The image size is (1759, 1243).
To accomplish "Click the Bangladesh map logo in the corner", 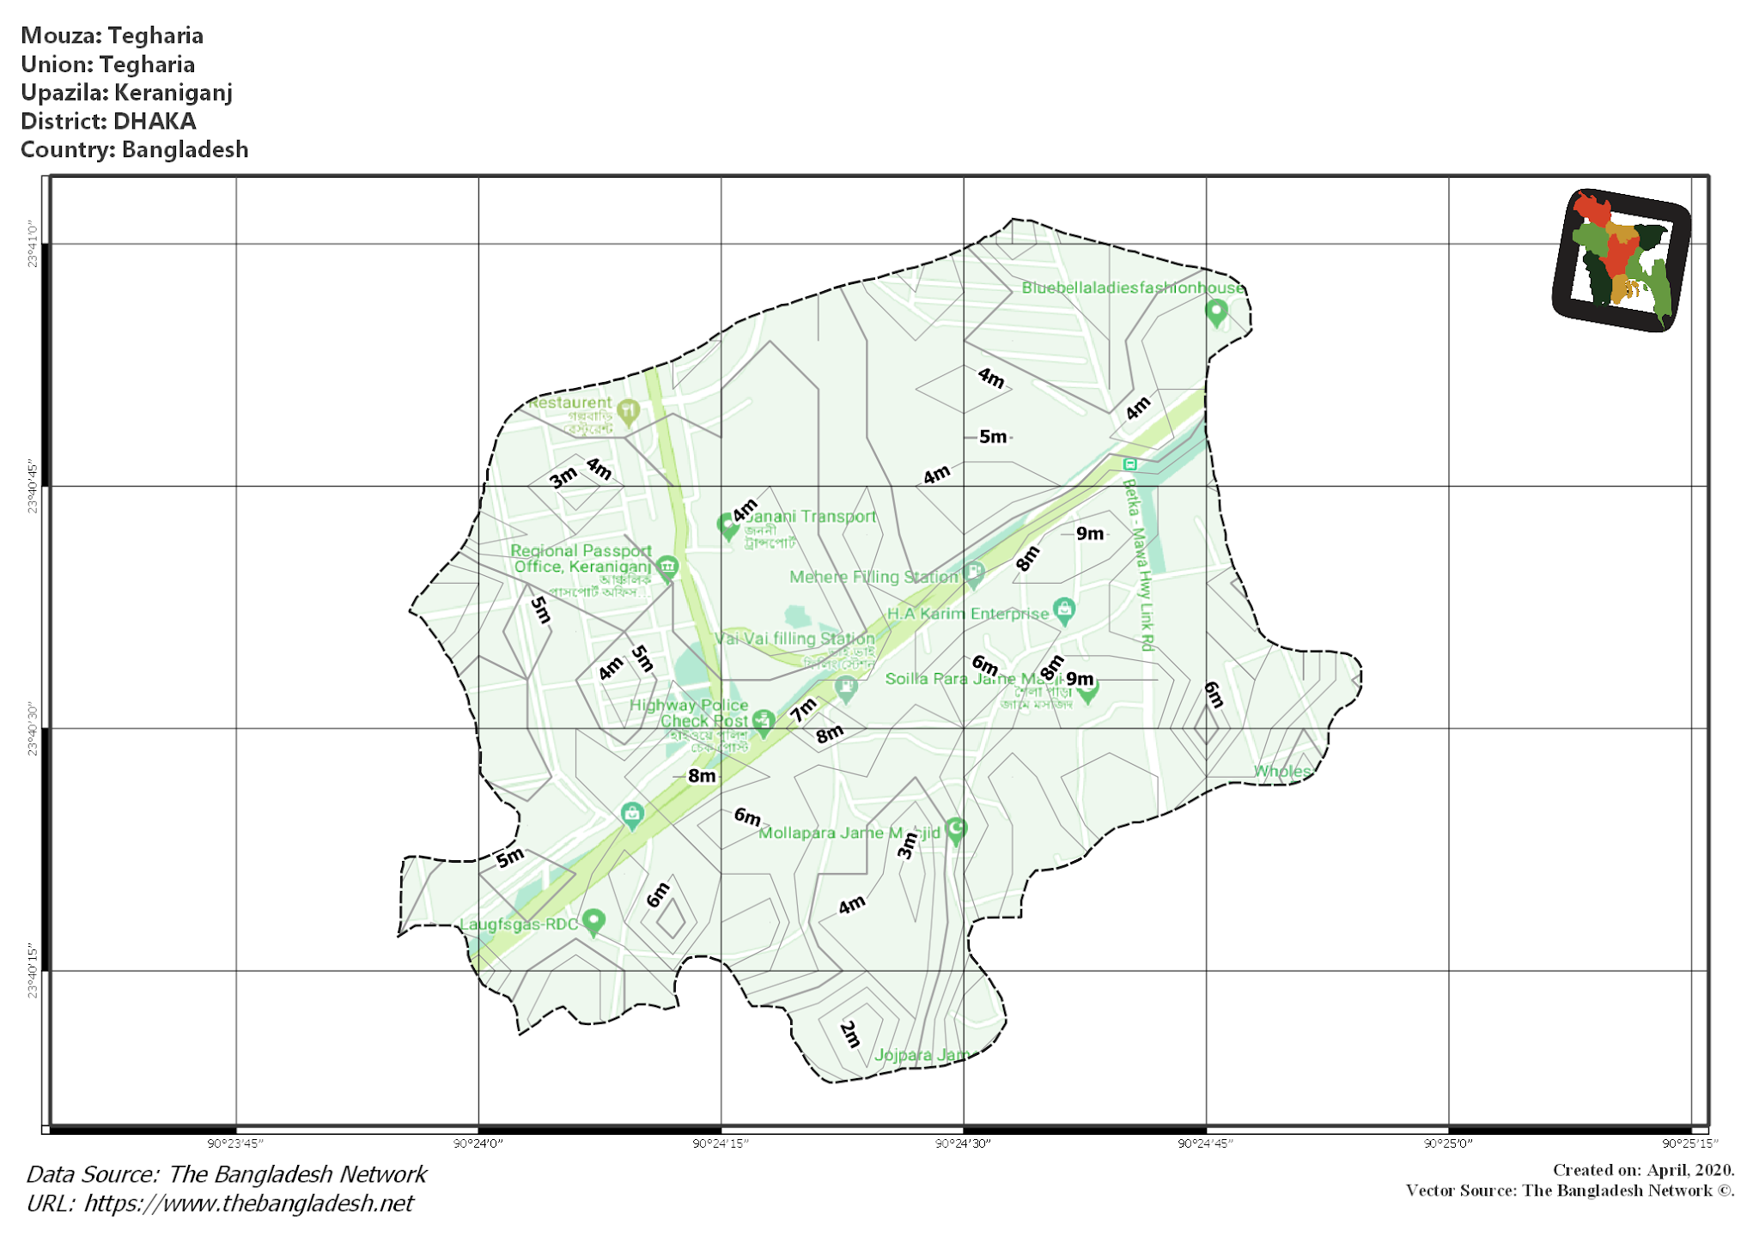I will pos(1621,259).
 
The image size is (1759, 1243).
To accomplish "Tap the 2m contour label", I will pos(849,1034).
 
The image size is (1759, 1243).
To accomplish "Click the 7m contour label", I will pos(804,710).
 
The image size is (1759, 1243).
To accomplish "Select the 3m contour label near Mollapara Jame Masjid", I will pos(907,846).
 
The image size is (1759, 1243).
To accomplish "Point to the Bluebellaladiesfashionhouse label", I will pos(1132,288).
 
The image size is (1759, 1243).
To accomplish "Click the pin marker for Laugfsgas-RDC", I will pos(593,922).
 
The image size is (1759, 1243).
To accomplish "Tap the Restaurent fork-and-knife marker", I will pos(629,411).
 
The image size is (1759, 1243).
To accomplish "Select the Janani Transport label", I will pos(811,516).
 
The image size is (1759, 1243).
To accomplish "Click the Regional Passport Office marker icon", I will pos(667,567).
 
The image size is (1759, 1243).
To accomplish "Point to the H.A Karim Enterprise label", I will pos(968,614).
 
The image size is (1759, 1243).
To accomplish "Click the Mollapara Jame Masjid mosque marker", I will pos(956,829).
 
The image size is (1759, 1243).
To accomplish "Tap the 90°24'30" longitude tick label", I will pos(963,1143).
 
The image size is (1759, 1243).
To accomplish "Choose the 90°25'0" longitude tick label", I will pos(1448,1143).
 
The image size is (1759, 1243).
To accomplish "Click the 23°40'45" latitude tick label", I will pos(33,487).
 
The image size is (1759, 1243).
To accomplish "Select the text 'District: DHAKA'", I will pos(108,121).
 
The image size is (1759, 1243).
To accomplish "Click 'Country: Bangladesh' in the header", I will pos(134,149).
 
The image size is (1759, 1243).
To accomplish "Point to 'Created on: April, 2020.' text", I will pos(1643,1170).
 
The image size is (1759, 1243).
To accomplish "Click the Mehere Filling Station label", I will pos(873,577).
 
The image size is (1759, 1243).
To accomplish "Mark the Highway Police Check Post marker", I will pos(763,722).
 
